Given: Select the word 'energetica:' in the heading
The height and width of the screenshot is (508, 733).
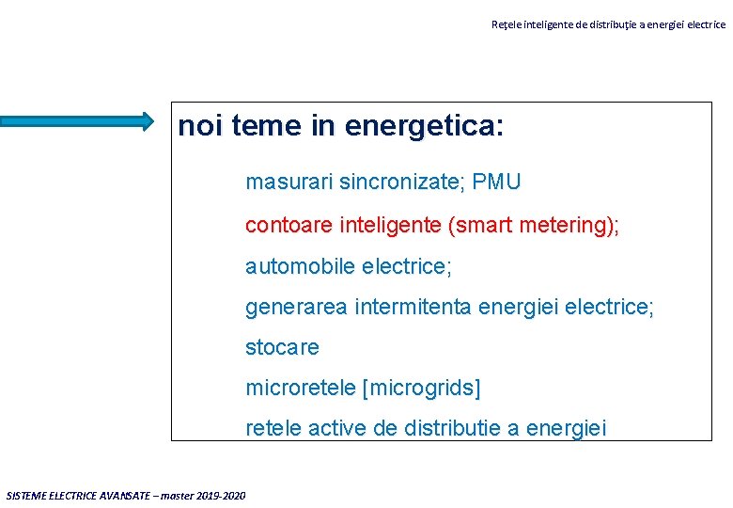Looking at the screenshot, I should pyautogui.click(x=424, y=126).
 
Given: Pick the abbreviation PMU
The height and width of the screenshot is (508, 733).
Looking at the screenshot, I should pyautogui.click(x=497, y=182).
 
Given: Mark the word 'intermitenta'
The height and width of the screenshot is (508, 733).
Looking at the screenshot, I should pyautogui.click(x=414, y=307).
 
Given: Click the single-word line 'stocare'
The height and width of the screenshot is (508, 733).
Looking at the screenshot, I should pyautogui.click(x=282, y=347).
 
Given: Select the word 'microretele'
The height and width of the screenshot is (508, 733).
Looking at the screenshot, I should pyautogui.click(x=300, y=388).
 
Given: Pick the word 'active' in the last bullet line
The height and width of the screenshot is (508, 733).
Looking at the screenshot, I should pyautogui.click(x=337, y=428).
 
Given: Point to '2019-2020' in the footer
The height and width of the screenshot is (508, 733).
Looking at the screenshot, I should pyautogui.click(x=223, y=496).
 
